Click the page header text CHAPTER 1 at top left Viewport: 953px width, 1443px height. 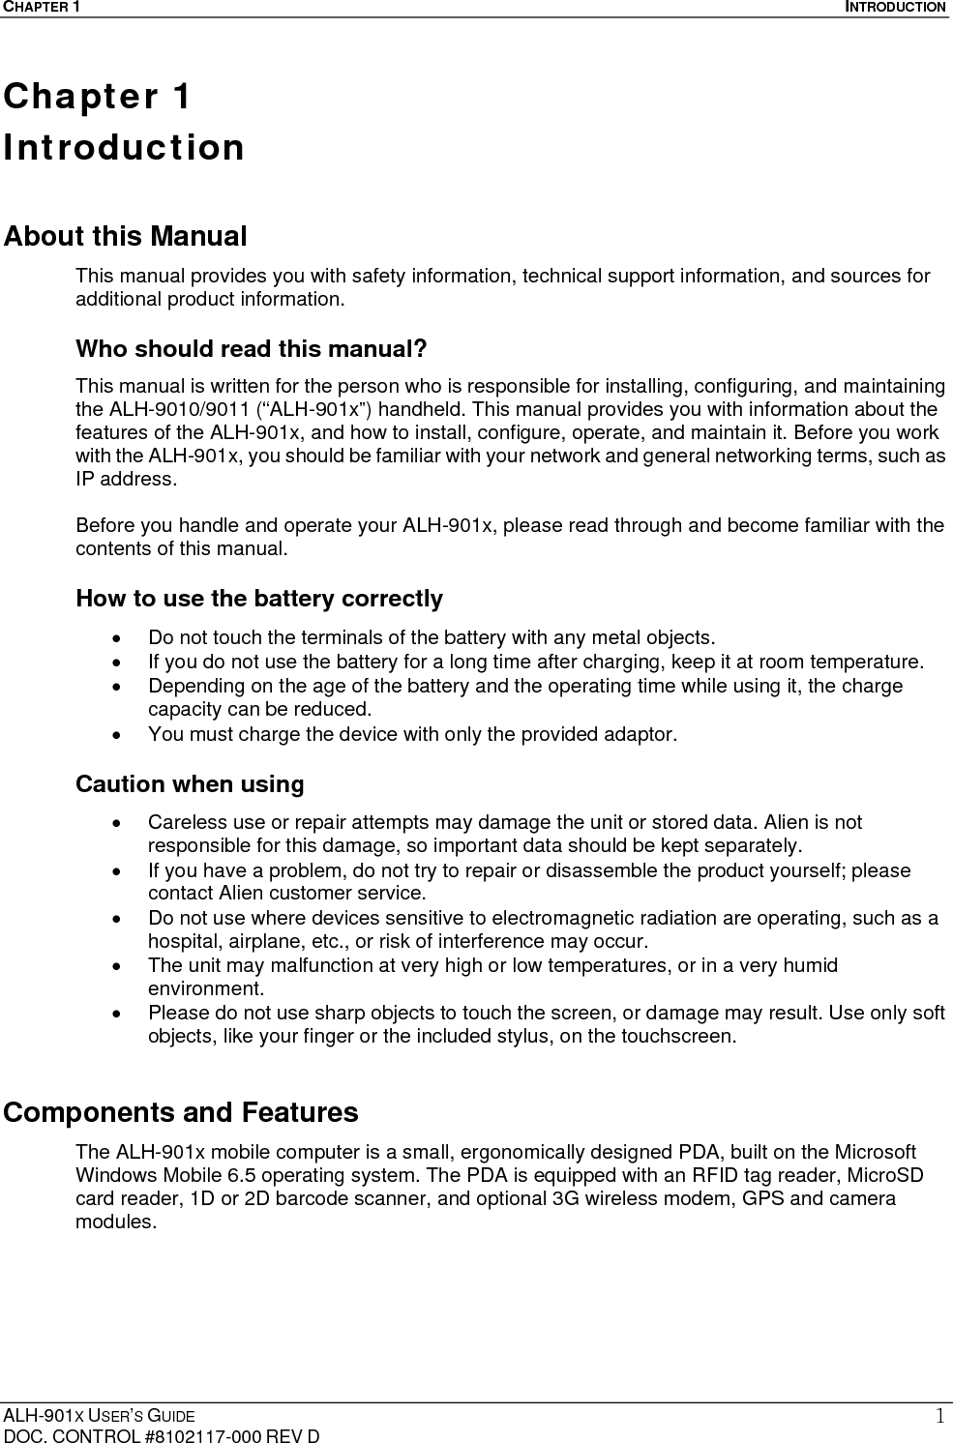(x=40, y=8)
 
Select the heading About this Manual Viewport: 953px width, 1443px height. (x=125, y=236)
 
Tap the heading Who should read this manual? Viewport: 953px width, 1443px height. (x=252, y=348)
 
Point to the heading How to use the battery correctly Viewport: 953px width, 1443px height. (x=259, y=599)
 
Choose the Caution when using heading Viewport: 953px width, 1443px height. (x=190, y=783)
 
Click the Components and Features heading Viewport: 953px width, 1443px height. (x=181, y=1112)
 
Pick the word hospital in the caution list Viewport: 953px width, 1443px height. (x=185, y=941)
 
